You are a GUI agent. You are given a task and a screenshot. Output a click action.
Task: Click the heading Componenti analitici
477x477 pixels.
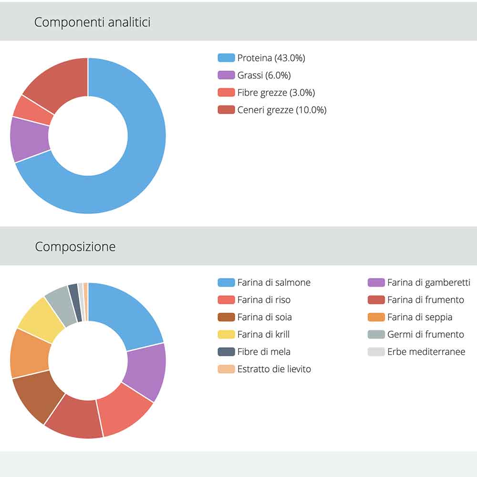pyautogui.click(x=92, y=22)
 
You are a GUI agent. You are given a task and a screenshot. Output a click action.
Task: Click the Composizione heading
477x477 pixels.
pyautogui.click(x=75, y=247)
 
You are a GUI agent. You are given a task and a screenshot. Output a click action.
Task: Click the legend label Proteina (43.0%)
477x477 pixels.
pyautogui.click(x=271, y=58)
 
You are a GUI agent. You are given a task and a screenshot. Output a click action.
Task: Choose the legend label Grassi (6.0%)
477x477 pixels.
pyautogui.click(x=264, y=75)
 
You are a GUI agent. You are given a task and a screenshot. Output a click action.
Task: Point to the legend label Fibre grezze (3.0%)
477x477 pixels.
pyautogui.click(x=276, y=93)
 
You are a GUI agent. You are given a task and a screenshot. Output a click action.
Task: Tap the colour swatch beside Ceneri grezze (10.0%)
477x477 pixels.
pyautogui.click(x=226, y=110)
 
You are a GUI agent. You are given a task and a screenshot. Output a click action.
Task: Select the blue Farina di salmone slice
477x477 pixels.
pyautogui.click(x=129, y=315)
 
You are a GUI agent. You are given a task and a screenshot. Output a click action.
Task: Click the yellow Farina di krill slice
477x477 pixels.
pyautogui.click(x=41, y=324)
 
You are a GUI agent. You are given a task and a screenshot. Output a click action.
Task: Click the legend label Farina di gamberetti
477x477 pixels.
pyautogui.click(x=428, y=282)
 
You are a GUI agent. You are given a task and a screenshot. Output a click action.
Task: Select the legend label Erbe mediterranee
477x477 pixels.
pyautogui.click(x=426, y=352)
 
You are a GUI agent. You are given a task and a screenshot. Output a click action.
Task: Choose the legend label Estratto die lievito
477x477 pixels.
pyautogui.click(x=274, y=369)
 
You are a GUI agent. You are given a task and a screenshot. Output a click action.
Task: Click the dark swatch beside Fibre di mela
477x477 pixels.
pyautogui.click(x=226, y=352)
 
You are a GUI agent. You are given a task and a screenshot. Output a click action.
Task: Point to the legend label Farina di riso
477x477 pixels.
pyautogui.click(x=264, y=300)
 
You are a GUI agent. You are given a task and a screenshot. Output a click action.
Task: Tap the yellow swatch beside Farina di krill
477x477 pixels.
pyautogui.click(x=226, y=334)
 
